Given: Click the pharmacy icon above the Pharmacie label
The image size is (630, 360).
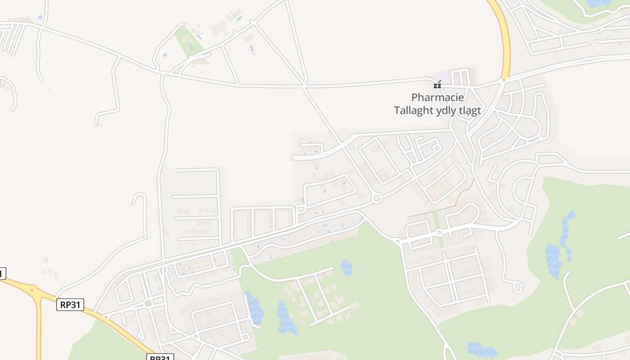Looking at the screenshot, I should [437, 85].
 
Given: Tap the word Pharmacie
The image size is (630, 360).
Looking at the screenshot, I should [437, 97].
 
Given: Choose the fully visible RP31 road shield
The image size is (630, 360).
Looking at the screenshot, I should [71, 305].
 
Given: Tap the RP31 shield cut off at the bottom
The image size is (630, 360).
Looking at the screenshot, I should [160, 357].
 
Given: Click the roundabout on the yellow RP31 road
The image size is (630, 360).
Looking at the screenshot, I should [32, 290].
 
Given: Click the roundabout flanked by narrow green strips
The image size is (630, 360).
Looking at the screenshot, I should [439, 232].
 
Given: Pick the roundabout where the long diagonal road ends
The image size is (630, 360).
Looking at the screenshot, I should [377, 198].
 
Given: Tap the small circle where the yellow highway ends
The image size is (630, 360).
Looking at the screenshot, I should [504, 81].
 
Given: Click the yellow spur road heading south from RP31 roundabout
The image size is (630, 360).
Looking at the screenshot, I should [38, 328].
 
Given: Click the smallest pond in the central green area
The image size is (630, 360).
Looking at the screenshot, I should [346, 267].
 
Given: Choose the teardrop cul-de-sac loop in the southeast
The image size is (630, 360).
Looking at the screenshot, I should [517, 287].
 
